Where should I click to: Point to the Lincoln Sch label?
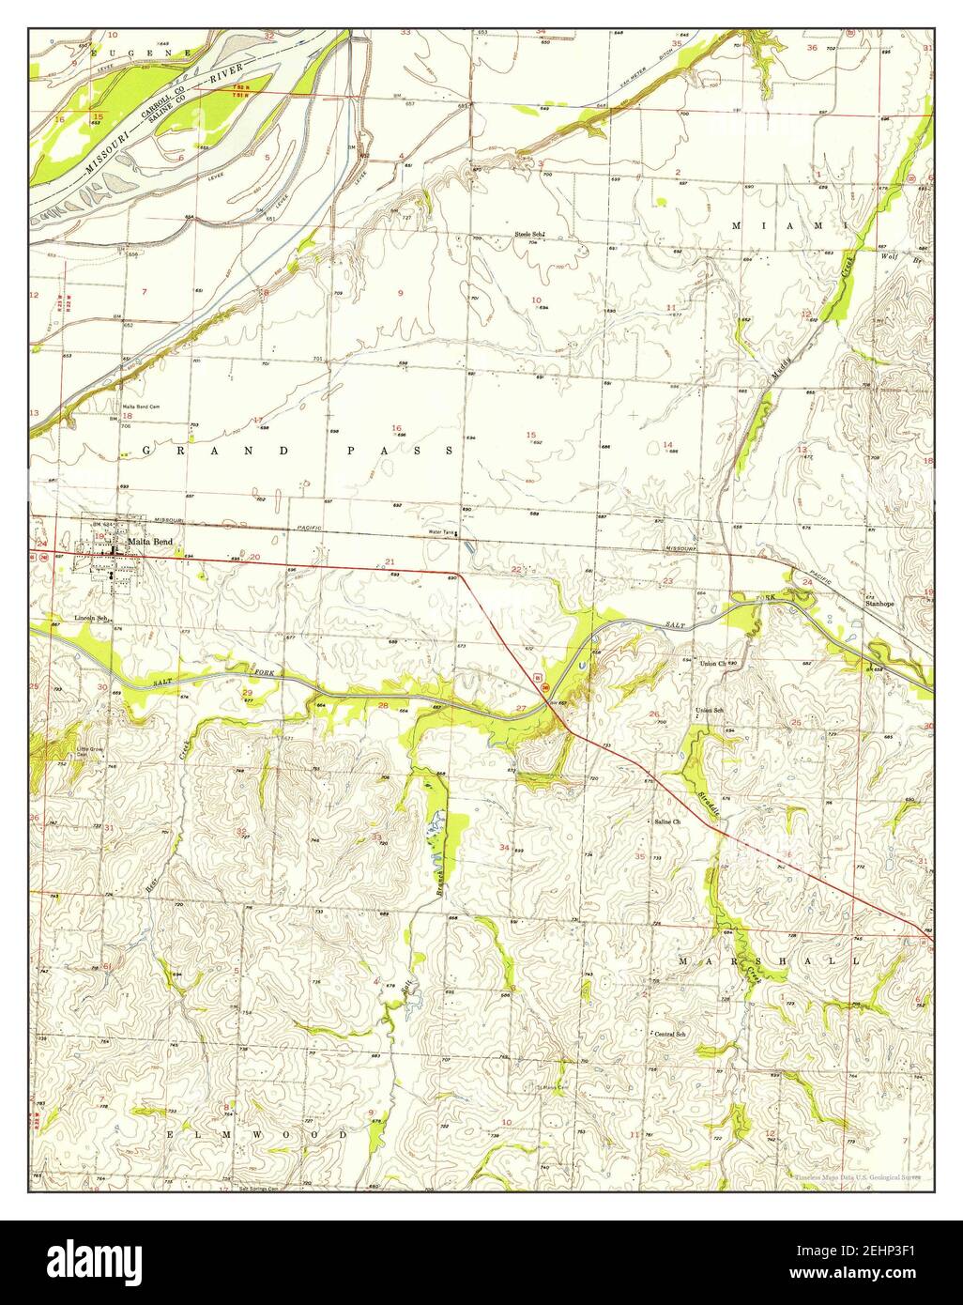[94, 619]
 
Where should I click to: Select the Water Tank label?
[441, 533]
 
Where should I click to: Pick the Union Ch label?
[714, 663]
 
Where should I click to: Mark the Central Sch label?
[671, 1034]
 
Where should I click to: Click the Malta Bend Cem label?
[141, 407]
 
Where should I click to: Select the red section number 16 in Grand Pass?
[396, 427]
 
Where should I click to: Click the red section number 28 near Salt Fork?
[382, 705]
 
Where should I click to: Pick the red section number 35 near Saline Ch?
[639, 855]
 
